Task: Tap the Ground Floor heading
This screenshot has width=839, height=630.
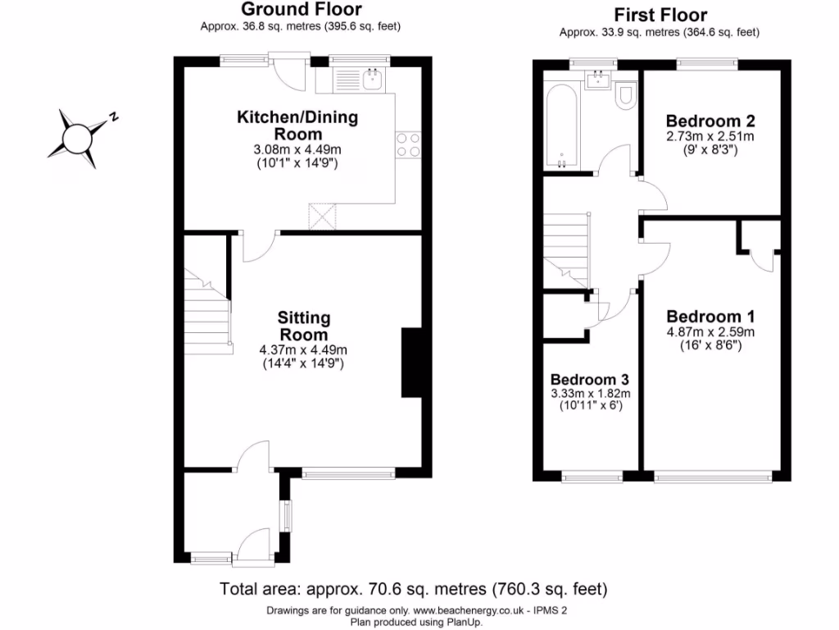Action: click(301, 10)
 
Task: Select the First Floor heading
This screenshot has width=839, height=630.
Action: click(660, 15)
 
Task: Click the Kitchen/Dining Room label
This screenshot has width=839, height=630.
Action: click(297, 126)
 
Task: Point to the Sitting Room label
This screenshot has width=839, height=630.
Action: click(303, 326)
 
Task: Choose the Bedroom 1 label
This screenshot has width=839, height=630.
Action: click(710, 317)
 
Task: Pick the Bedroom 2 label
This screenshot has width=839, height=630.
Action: click(710, 119)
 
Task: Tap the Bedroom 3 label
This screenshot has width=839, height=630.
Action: click(589, 380)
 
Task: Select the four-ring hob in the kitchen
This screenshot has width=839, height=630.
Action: click(408, 144)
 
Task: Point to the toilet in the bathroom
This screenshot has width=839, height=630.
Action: click(627, 95)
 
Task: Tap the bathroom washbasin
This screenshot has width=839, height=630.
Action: click(596, 79)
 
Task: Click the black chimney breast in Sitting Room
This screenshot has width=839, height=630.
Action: click(410, 363)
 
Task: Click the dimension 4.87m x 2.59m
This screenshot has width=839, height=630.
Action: click(710, 332)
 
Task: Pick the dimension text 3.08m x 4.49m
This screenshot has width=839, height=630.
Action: click(297, 150)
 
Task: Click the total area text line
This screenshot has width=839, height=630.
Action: click(413, 588)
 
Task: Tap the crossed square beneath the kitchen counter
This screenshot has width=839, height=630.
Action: click(322, 217)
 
